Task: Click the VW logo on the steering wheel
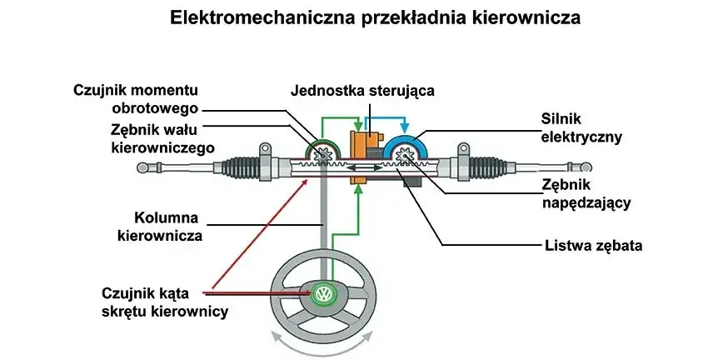[x=323, y=294]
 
